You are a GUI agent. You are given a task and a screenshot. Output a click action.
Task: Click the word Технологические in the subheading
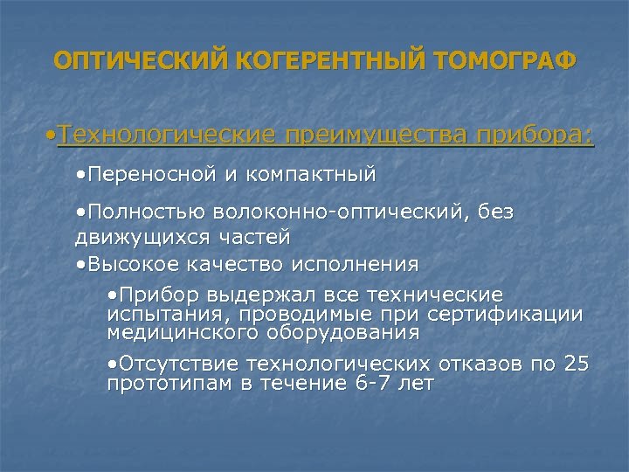coord(167,136)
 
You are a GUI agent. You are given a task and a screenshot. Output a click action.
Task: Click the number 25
coord(577,364)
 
